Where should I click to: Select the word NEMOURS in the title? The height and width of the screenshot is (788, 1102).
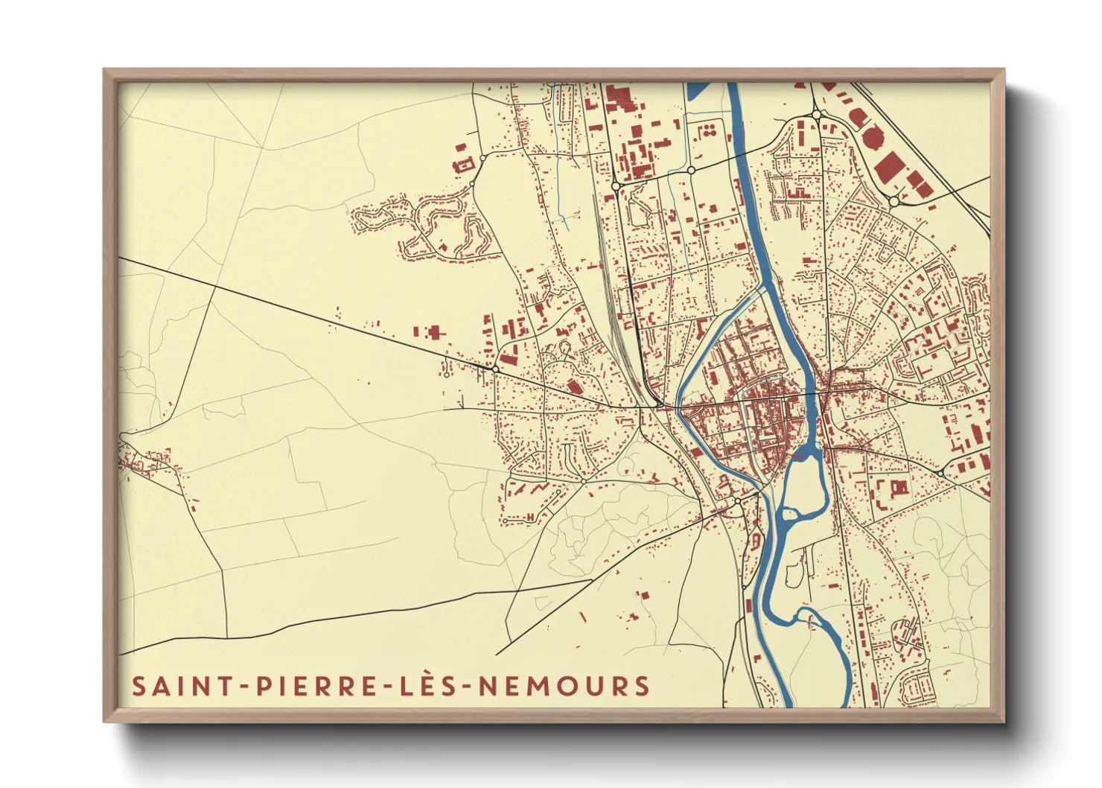564,686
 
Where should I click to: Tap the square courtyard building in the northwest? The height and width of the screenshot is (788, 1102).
464,165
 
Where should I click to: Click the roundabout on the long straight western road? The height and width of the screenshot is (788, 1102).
495,369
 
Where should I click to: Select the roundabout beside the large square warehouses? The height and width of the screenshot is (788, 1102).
894,201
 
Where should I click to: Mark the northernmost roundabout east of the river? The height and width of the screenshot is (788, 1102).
817,115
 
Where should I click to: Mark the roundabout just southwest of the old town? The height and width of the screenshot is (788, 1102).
737,502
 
